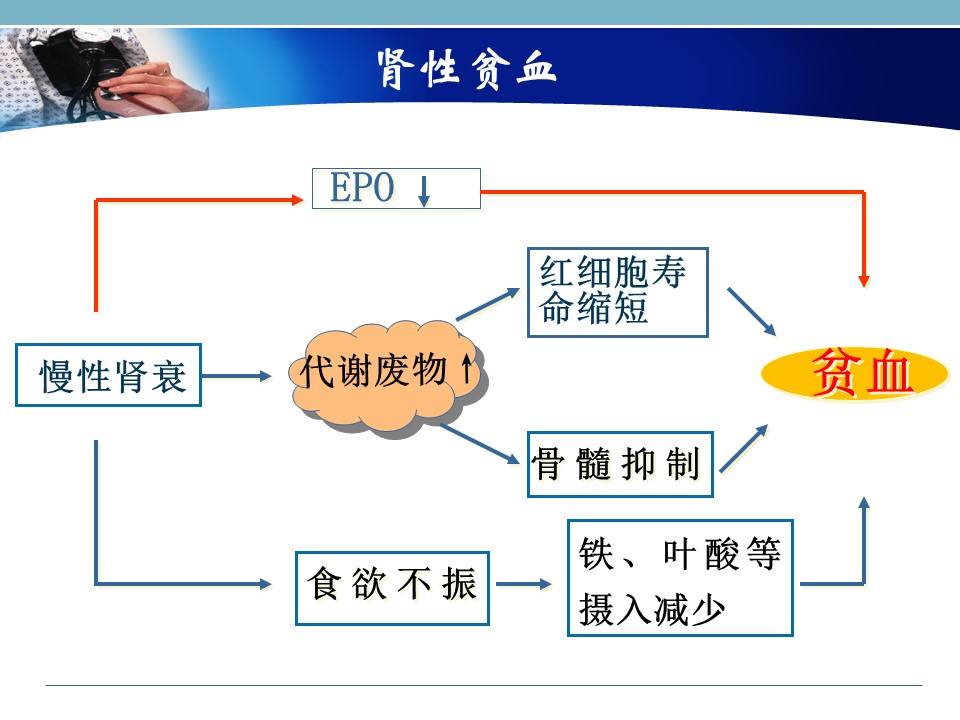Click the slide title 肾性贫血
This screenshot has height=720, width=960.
tap(467, 69)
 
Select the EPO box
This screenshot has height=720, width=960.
tap(396, 189)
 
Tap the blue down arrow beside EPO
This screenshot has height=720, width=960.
tap(424, 191)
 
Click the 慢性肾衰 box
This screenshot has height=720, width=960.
tap(108, 375)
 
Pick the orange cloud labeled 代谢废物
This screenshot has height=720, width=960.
tap(388, 378)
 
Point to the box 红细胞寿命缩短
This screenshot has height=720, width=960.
tap(618, 292)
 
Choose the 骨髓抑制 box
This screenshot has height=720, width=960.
tap(620, 464)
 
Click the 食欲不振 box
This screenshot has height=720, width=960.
tap(392, 588)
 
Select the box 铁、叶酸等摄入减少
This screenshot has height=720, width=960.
tap(680, 578)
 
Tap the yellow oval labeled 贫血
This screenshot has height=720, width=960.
tap(855, 373)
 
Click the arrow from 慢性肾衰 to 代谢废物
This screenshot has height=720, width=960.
tap(236, 376)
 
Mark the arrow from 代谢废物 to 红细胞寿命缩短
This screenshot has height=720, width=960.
tap(488, 304)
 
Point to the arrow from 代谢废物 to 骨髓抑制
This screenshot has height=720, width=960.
tap(480, 443)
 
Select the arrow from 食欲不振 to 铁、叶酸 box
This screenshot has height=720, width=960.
tap(523, 584)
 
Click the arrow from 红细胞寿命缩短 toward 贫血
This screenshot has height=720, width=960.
tap(751, 311)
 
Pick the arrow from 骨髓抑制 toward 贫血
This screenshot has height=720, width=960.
tap(744, 448)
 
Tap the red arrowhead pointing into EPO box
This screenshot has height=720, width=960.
tap(298, 200)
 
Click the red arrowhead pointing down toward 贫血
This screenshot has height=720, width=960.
tap(864, 281)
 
